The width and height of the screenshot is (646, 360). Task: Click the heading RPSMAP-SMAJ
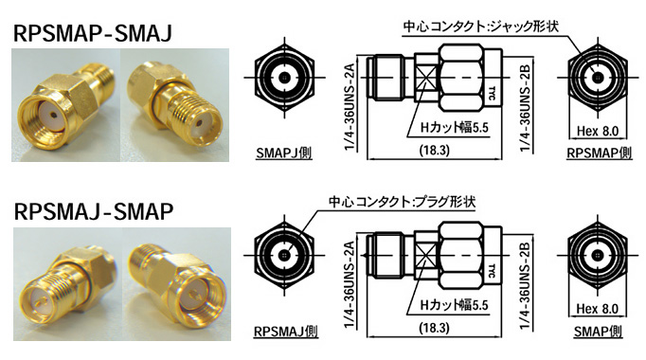pyautogui.click(x=92, y=33)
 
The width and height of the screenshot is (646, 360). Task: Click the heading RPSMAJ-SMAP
pyautogui.click(x=93, y=211)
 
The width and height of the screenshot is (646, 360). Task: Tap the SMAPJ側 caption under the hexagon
pyautogui.click(x=284, y=153)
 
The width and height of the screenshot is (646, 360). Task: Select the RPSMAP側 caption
pyautogui.click(x=599, y=153)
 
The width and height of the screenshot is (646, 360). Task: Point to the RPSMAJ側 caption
pyautogui.click(x=285, y=332)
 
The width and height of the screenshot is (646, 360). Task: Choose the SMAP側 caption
pyautogui.click(x=598, y=332)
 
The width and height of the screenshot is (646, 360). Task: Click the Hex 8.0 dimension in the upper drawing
pyautogui.click(x=598, y=132)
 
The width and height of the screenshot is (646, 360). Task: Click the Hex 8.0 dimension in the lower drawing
pyautogui.click(x=598, y=309)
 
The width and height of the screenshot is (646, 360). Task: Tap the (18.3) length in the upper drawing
pyautogui.click(x=434, y=151)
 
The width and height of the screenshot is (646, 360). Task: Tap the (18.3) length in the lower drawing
pyautogui.click(x=434, y=329)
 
